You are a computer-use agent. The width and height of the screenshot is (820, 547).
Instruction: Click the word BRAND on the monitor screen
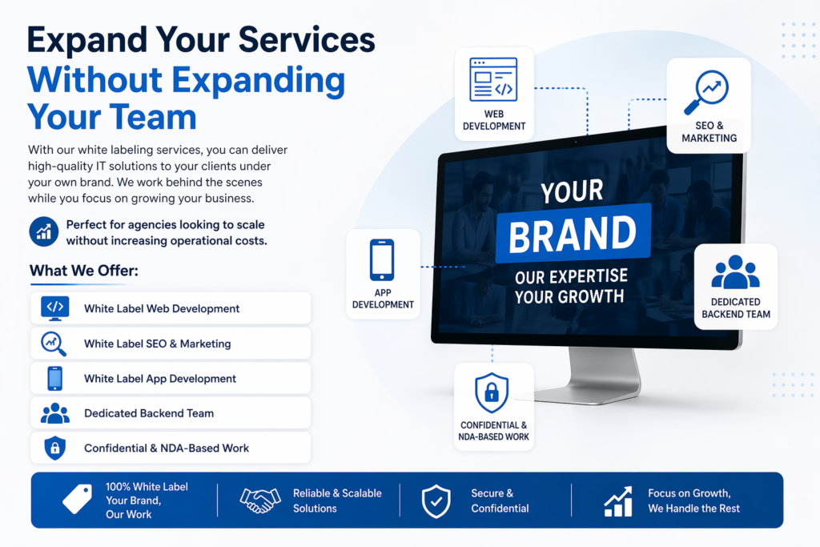pos(573,235)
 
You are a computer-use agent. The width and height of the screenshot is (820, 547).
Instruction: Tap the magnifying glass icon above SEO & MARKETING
pos(706,92)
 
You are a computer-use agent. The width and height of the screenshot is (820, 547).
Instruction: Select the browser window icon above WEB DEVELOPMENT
pos(493,79)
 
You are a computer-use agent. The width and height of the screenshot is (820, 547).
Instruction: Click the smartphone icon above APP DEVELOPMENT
pos(382,260)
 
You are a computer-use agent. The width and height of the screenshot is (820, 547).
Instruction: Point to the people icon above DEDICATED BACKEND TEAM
pos(735,272)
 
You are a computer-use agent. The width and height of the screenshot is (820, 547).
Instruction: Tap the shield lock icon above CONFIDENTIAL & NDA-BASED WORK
pos(492,392)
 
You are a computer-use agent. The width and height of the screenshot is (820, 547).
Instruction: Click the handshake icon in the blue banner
pos(260,501)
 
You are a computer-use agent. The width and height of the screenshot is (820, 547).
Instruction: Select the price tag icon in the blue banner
pos(78,499)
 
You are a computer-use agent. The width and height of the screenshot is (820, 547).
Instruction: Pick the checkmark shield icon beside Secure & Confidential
pos(436,501)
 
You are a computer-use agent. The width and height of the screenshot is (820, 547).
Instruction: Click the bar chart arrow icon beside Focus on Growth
pos(618,501)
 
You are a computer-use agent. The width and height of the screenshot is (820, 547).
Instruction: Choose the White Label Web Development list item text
pos(162,308)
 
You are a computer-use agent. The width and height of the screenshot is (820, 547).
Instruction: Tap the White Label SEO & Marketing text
pos(158,344)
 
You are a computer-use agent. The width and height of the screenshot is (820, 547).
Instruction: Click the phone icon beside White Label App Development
pos(55,379)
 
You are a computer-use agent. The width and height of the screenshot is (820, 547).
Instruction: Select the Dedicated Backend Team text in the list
pos(149,413)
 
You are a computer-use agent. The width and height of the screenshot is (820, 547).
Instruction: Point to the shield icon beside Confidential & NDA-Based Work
pos(55,448)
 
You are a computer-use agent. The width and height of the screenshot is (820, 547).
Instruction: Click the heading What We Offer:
pos(84,271)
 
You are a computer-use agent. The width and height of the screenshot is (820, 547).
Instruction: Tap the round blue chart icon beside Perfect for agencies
pos(44,231)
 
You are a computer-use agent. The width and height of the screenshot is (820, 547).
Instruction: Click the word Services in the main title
pos(307,40)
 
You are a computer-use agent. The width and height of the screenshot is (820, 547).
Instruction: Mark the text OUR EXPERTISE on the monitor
pos(571,276)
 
